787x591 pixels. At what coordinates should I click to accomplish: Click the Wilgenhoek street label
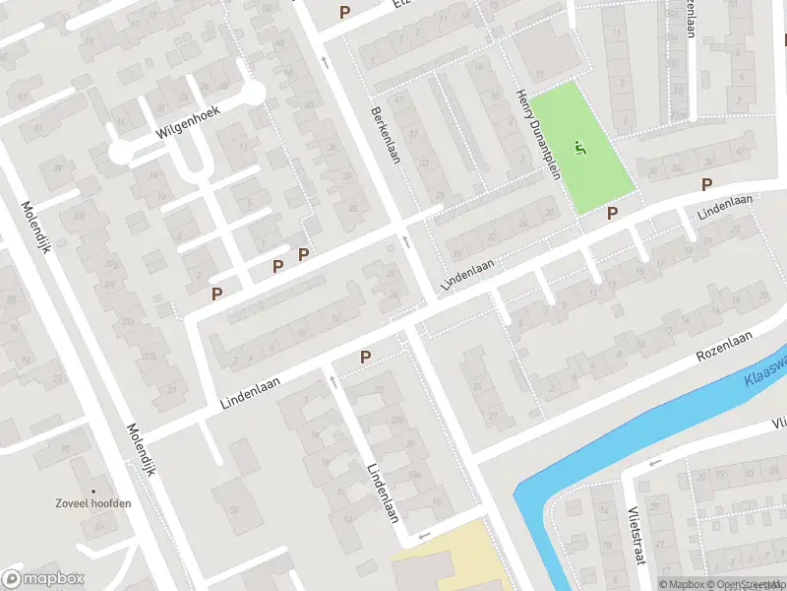point(188,122)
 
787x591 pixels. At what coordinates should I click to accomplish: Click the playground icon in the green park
point(580,150)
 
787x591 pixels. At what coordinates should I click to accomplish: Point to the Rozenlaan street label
point(724,346)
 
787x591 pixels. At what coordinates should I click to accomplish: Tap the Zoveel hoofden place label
point(93,503)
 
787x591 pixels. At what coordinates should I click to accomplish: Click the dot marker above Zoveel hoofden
point(93,490)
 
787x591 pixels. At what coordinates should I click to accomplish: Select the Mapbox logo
point(43,578)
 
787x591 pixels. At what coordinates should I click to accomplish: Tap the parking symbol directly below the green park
point(612,213)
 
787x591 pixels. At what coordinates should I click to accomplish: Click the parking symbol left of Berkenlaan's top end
point(344,12)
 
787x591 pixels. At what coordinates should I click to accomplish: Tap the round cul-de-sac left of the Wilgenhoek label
point(120,152)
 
